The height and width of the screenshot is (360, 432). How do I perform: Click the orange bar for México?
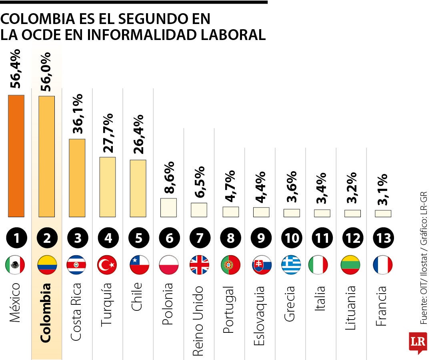coord(16,156)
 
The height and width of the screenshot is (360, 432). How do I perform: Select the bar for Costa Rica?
coord(77,178)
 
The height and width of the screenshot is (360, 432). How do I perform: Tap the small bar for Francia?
coord(383,214)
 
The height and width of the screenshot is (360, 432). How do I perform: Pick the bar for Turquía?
coord(108,187)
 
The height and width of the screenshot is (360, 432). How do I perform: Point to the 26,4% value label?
coord(138,134)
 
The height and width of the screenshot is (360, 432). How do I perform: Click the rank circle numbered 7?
coord(199,238)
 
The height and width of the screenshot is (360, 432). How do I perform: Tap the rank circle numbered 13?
coord(383,238)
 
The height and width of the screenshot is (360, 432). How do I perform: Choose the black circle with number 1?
coord(16,238)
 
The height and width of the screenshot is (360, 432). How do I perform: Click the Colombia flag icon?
coord(47,265)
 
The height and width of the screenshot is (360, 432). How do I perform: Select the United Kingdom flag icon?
coord(199,265)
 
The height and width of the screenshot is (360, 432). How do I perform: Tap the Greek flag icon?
coord(291,265)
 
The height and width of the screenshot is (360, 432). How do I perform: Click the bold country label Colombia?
coord(46,313)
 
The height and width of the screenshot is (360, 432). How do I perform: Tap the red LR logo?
coord(418,342)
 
